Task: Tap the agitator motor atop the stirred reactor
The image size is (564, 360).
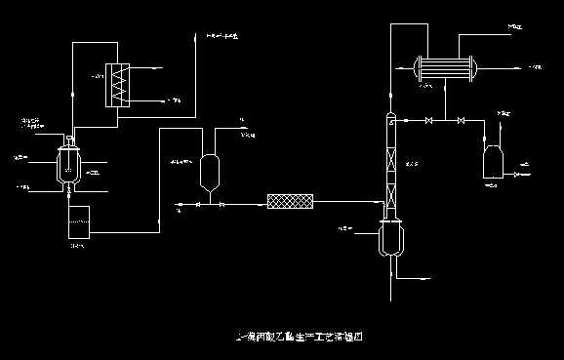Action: pos(69,140)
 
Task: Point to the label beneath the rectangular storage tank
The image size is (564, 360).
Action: pos(77,246)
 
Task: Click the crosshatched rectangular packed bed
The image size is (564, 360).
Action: pos(291,202)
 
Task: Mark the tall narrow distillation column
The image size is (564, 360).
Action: pos(389,166)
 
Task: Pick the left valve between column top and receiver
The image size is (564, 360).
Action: pos(430,120)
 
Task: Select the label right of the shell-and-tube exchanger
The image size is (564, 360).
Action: pos(535,67)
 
